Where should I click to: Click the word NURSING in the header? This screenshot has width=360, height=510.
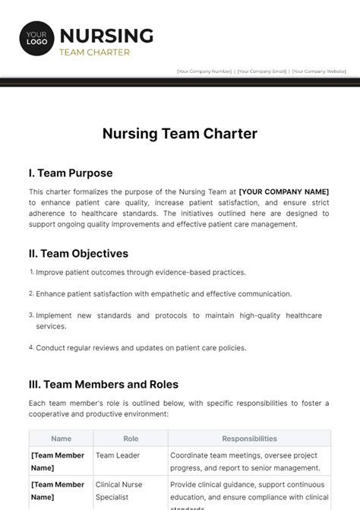(x=106, y=35)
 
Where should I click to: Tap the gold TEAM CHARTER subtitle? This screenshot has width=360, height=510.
(x=94, y=52)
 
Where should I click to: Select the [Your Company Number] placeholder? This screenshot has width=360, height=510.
(x=204, y=71)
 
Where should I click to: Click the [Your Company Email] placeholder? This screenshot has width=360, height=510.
(x=262, y=71)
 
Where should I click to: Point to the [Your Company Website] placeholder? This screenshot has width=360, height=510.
(x=319, y=71)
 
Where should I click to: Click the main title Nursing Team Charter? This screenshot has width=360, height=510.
(x=180, y=134)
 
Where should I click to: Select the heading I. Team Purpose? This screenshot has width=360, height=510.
(x=71, y=173)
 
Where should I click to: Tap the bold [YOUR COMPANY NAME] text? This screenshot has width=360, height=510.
(x=283, y=192)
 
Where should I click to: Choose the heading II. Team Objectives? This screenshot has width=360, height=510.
(x=79, y=253)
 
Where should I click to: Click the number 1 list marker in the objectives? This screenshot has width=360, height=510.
(x=32, y=271)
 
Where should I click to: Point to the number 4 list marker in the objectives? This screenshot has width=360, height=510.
(x=32, y=347)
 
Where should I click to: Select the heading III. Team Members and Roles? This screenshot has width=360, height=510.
(x=104, y=385)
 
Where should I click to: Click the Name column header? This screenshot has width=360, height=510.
(x=61, y=439)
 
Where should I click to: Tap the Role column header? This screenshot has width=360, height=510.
(x=130, y=439)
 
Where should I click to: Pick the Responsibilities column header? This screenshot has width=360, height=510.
(x=249, y=439)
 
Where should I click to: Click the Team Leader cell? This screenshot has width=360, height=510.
(x=118, y=455)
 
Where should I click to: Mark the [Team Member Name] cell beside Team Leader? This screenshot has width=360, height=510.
(x=58, y=461)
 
